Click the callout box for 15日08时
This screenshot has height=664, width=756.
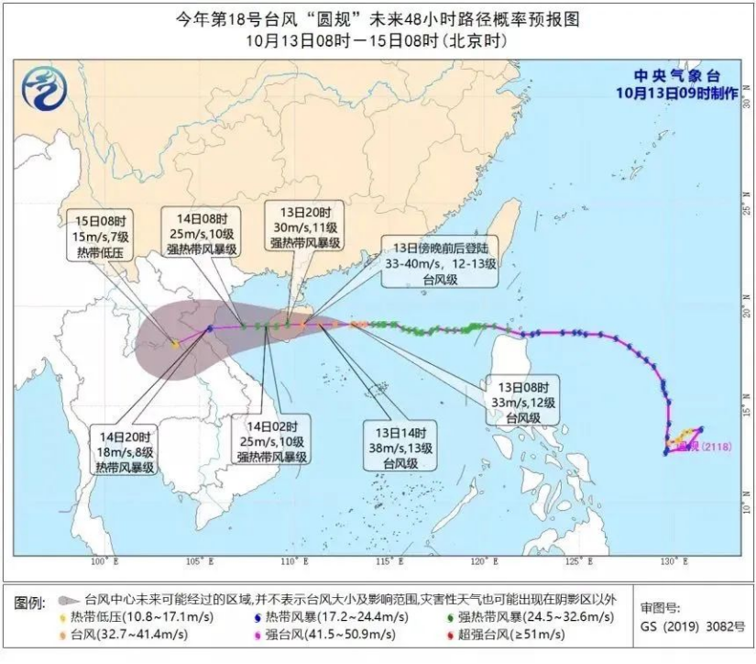tap(102, 235)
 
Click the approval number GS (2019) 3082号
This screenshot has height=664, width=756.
tap(684, 633)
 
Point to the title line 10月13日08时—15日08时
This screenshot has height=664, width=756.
tap(377, 40)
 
